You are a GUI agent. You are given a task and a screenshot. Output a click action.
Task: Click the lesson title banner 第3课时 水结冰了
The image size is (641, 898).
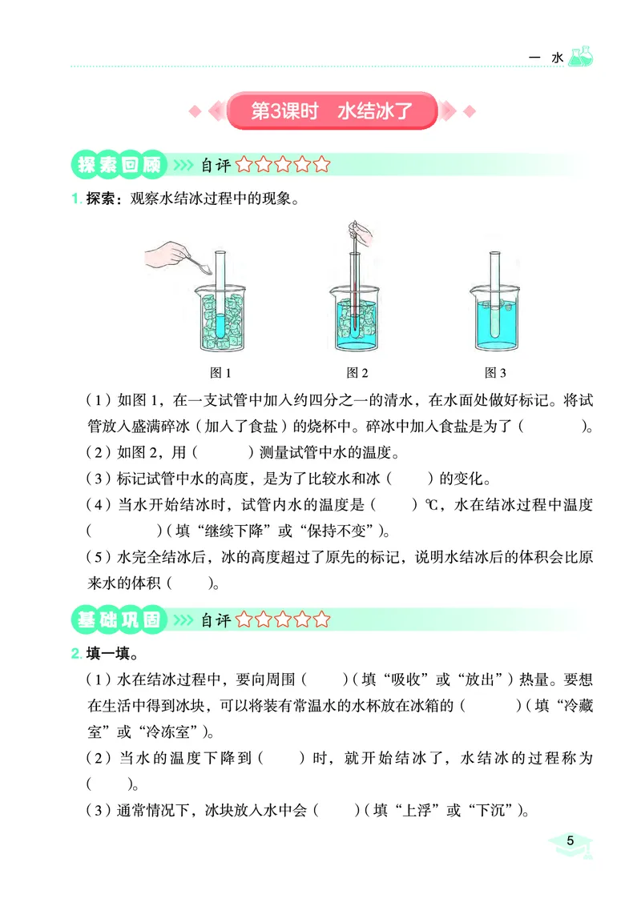[x=332, y=111]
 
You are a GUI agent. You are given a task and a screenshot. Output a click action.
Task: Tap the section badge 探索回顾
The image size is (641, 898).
[x=119, y=166]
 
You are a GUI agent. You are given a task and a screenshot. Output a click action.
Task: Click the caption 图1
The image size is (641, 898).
[x=220, y=373]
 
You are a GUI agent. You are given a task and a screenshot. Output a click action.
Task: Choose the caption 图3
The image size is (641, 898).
[x=496, y=373]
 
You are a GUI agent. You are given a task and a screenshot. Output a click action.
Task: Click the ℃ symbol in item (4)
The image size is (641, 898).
[x=429, y=506]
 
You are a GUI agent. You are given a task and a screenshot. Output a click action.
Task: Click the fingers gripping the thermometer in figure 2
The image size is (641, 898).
[x=359, y=235]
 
